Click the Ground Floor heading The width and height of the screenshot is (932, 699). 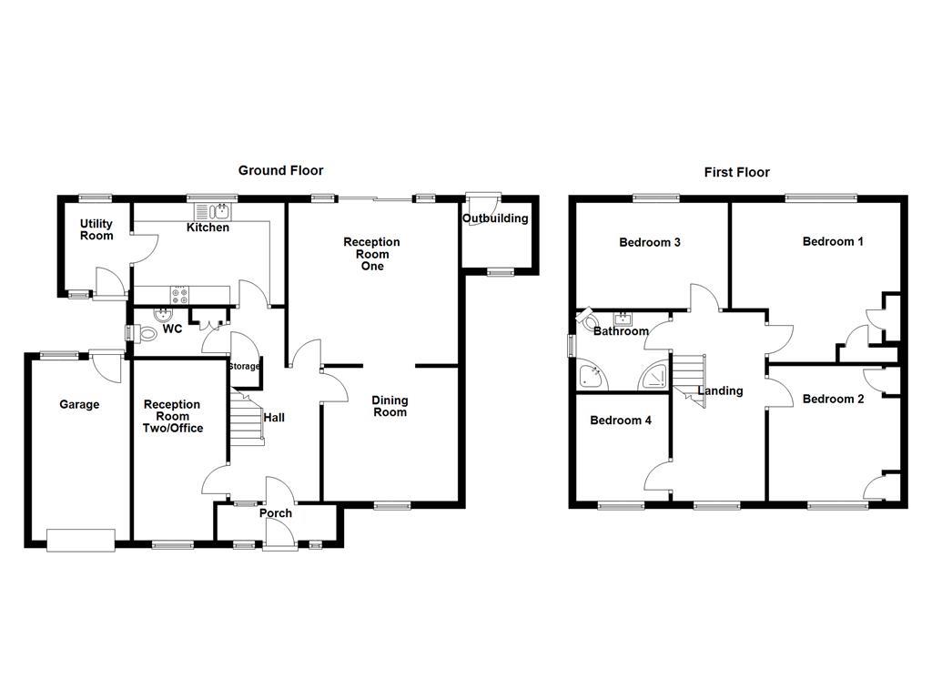[280, 170]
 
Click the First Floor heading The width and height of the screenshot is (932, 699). [736, 172]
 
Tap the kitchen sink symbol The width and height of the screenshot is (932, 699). [219, 212]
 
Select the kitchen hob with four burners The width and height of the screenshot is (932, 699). [179, 294]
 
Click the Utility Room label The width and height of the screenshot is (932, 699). [96, 230]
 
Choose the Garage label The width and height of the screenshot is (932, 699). [79, 404]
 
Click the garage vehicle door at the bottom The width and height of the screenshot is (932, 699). [81, 540]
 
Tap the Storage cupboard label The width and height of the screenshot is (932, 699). [244, 367]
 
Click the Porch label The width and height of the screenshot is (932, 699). [276, 513]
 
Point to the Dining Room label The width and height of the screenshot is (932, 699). [390, 407]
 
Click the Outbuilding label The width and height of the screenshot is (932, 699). [495, 218]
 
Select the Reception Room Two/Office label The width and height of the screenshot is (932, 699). [173, 416]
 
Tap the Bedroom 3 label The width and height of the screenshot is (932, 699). [650, 242]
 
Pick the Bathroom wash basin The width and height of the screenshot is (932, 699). [624, 319]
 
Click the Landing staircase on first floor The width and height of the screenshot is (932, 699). [689, 375]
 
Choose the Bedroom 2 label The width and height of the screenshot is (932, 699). [833, 399]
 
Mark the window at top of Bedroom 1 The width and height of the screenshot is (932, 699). [821, 196]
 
